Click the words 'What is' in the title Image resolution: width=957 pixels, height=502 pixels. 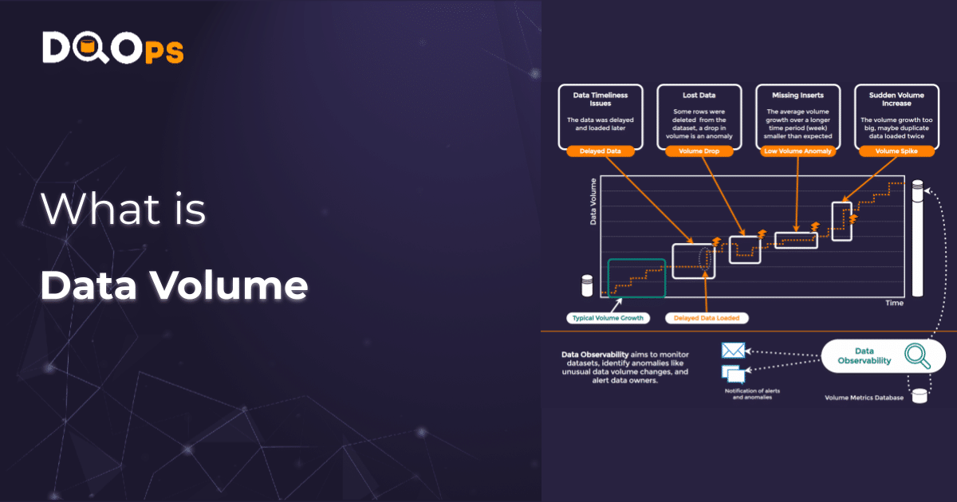coord(124,209)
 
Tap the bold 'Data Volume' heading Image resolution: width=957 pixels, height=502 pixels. coord(174,285)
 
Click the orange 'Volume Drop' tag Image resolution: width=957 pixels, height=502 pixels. coord(699,150)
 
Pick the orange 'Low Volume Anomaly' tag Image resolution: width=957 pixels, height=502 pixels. coord(798,150)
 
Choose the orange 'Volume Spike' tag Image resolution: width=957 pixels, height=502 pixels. coord(896,150)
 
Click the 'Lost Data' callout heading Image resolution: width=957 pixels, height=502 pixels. coord(699,95)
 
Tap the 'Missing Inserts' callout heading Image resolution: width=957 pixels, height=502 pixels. coord(798,95)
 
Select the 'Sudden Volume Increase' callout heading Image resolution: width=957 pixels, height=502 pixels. coord(896,100)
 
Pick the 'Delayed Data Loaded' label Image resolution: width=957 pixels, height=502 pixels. coord(707,318)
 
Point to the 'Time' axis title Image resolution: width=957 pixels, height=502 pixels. coord(894,304)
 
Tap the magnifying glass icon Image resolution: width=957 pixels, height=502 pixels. coord(918,355)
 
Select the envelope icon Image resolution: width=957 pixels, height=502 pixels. coord(732,351)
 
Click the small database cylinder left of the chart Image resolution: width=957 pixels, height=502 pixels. coord(588,284)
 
